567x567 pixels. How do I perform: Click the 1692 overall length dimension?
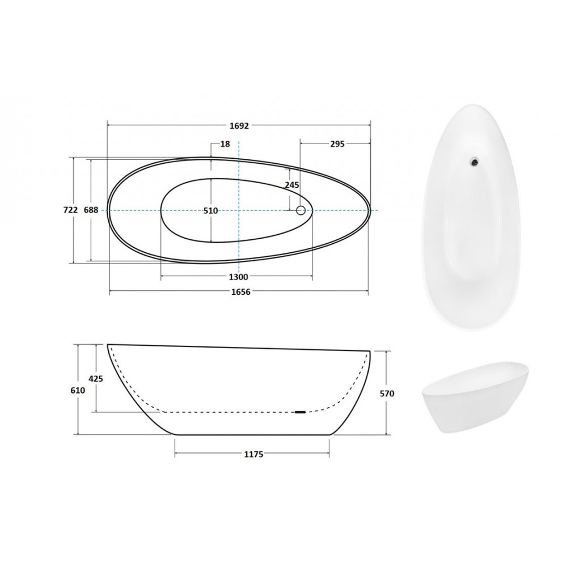pos(239,125)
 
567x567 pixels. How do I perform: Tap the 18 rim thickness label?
pos(225,144)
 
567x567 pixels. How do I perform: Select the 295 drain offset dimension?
pos(337,144)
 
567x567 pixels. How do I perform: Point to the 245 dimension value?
pos(292,185)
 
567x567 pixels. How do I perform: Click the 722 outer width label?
pos(70,210)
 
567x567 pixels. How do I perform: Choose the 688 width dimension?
pos(91,210)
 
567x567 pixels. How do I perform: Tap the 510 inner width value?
pos(210,210)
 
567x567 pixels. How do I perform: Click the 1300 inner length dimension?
pos(239,277)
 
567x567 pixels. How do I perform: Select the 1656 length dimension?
pos(240,292)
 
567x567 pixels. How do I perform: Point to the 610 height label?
pos(78,390)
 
